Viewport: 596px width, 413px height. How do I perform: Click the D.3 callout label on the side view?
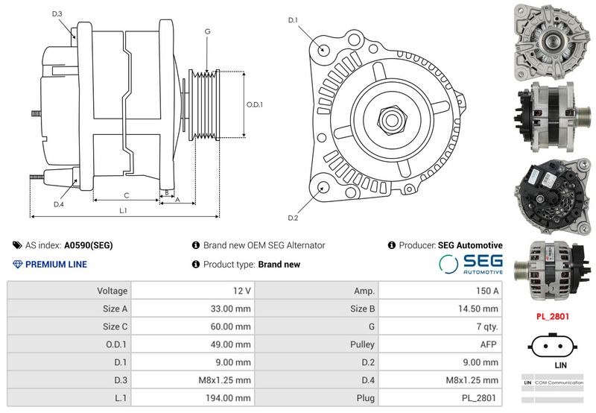point(57,14)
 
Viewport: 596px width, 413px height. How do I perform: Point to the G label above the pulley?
point(207,31)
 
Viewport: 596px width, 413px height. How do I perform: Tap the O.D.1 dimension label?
point(255,104)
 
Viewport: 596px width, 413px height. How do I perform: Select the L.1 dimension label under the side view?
point(123,210)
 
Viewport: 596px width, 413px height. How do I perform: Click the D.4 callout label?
point(59,204)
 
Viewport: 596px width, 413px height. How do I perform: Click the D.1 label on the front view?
point(293,20)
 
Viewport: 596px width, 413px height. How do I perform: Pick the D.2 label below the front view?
point(293,218)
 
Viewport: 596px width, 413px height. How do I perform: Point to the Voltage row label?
point(112,291)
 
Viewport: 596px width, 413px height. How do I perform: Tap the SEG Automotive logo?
point(471,264)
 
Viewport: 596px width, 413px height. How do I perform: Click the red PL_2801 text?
point(553,316)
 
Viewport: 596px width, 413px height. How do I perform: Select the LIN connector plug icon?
point(552,346)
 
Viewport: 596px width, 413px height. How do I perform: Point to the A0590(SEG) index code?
point(89,245)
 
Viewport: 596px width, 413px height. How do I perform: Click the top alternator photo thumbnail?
point(552,42)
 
